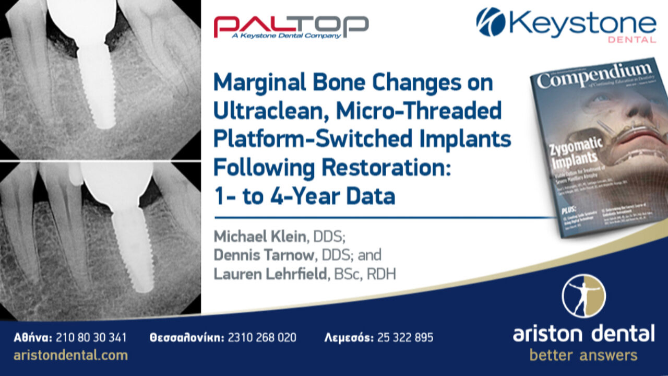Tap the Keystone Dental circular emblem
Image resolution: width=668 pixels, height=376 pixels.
(x=491, y=22)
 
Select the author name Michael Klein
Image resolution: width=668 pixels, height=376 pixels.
(x=259, y=236)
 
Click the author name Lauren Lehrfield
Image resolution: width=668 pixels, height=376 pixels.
(x=270, y=274)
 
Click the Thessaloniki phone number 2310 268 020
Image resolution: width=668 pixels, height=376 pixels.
(x=261, y=337)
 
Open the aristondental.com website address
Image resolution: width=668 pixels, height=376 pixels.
(x=71, y=355)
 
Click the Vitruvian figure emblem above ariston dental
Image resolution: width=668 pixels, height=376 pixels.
(x=583, y=296)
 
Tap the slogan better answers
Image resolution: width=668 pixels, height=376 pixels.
(x=583, y=356)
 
